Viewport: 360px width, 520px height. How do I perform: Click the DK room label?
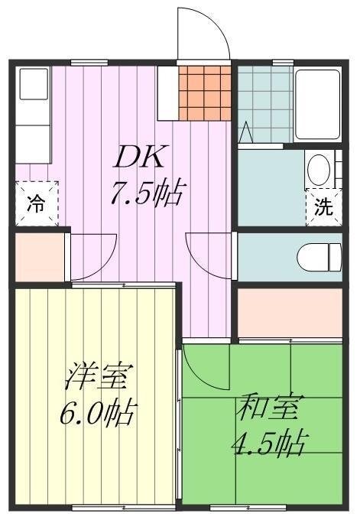pos(138,156)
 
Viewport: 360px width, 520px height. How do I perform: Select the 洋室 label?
pos(99,377)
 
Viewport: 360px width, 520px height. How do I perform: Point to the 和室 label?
pos(266,407)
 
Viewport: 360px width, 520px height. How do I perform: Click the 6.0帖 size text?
pos(98,412)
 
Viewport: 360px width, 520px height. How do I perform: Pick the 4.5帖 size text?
pos(268,443)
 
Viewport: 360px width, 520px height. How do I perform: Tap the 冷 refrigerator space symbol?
pos(37,203)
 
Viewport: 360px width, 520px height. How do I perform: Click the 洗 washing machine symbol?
pos(324,207)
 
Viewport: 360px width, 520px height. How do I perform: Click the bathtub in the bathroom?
pos(317,105)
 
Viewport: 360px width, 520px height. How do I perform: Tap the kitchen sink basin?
pos(34,84)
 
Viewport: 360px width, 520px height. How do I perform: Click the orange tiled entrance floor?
pos(205,93)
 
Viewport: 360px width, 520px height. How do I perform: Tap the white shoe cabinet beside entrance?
pos(168,93)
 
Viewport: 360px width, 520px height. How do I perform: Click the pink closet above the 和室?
pos(290,313)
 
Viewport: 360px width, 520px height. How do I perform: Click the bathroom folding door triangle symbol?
pos(246,132)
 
